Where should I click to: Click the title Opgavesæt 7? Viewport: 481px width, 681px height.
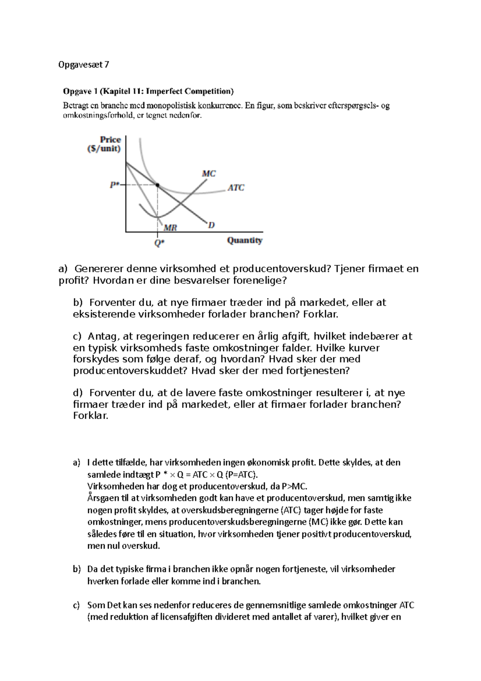pyautogui.click(x=83, y=65)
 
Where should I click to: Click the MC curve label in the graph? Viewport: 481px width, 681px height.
pyautogui.click(x=209, y=174)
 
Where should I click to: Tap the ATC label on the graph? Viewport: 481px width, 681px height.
pyautogui.click(x=236, y=187)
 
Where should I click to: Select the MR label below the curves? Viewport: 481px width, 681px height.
pyautogui.click(x=170, y=227)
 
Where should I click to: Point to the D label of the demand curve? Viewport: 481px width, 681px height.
pyautogui.click(x=211, y=225)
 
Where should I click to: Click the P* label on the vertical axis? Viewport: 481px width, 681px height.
pyautogui.click(x=114, y=185)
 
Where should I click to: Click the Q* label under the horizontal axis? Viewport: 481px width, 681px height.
pyautogui.click(x=159, y=243)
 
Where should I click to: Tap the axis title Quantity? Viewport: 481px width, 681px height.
pyautogui.click(x=245, y=241)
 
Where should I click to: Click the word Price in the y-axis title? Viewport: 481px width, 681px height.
pyautogui.click(x=110, y=140)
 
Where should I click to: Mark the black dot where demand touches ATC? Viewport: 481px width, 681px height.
pyautogui.click(x=158, y=185)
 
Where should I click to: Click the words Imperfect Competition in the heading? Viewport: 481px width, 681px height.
pyautogui.click(x=190, y=91)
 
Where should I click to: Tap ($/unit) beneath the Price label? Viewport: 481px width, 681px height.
pyautogui.click(x=104, y=149)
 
